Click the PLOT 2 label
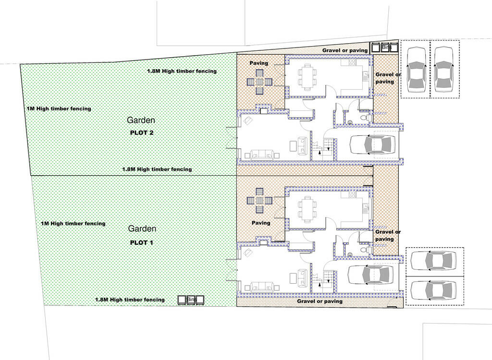point(142,132)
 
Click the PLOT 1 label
point(141,242)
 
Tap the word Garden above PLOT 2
point(141,120)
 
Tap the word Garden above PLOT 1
point(142,228)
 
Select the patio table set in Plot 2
point(259,82)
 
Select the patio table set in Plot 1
point(259,201)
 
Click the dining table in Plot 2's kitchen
point(307,77)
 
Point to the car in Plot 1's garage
point(371,275)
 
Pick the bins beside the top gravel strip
point(385,48)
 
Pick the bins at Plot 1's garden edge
point(191,300)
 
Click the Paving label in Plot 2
point(259,63)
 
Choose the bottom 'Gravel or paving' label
point(320,301)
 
